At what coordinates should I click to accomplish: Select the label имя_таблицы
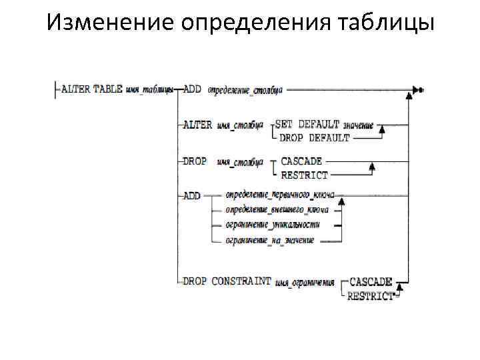click(x=149, y=89)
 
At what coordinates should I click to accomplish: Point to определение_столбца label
click(x=245, y=89)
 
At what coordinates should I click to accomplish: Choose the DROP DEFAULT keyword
click(x=314, y=137)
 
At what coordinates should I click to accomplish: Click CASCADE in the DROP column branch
click(x=301, y=161)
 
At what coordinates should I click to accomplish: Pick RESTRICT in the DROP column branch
click(x=305, y=175)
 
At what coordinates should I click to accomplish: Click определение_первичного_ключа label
click(x=279, y=195)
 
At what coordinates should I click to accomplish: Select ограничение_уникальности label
click(x=272, y=225)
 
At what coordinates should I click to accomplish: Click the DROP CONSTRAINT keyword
click(x=227, y=281)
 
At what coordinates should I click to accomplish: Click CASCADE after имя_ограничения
click(x=371, y=281)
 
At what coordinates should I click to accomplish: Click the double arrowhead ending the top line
click(x=419, y=89)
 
